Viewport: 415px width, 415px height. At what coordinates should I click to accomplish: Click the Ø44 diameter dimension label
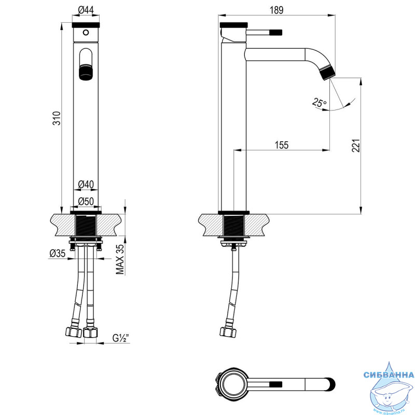86,10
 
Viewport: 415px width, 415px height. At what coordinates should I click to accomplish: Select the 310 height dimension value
57,118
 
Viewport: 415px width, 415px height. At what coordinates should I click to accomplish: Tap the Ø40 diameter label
86,184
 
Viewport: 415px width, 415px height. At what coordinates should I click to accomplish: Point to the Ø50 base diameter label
86,201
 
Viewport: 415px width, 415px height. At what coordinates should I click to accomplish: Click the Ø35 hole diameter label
58,253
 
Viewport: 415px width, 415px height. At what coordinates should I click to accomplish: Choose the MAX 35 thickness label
120,259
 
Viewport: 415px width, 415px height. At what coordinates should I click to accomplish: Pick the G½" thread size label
121,338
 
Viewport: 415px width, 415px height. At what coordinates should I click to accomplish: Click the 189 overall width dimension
276,10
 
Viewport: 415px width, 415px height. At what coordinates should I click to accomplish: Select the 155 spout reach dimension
281,145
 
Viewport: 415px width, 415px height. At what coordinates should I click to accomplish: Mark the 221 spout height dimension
356,145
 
